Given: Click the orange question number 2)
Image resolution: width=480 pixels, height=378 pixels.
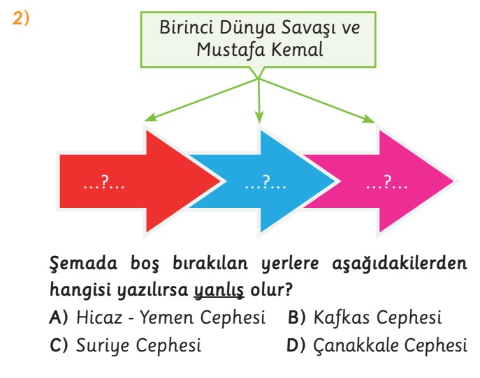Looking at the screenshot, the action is [21, 18].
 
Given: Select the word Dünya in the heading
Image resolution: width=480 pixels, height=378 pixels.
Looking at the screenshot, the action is [247, 27].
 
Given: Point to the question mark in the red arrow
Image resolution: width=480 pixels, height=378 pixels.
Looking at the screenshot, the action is [105, 181].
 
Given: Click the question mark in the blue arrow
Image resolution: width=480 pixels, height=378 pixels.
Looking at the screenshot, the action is [266, 181].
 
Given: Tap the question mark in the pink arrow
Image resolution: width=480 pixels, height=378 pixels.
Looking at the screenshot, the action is [387, 181].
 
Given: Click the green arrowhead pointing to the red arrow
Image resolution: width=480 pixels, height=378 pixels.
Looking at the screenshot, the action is [150, 118].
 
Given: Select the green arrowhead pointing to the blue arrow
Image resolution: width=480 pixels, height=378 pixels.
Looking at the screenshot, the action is [259, 117].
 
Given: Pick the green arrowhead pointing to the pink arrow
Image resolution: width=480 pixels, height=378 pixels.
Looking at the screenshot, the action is [369, 119].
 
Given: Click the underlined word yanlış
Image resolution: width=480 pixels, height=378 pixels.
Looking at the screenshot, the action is [219, 289].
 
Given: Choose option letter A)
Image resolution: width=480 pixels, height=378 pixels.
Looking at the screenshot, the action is [58, 317].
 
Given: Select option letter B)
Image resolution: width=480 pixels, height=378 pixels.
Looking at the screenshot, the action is [297, 317].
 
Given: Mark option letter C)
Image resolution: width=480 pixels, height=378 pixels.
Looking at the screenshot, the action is [58, 345].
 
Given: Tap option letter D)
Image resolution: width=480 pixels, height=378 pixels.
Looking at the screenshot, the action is [296, 345].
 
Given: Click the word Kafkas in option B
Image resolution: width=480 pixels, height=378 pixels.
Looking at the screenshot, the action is [342, 317].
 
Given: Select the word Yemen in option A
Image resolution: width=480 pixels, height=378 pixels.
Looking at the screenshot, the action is [167, 317].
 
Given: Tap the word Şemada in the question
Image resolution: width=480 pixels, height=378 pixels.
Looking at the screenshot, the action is [83, 263].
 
